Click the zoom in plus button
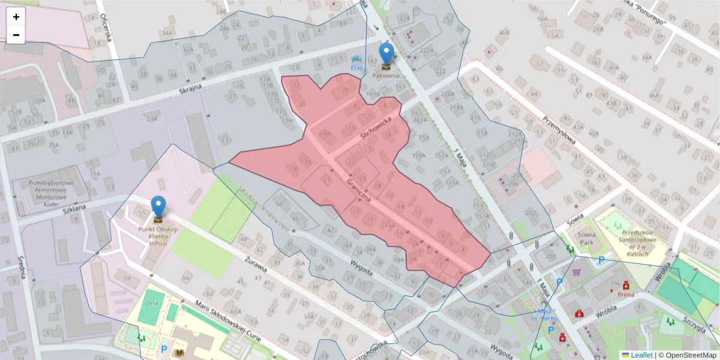16,17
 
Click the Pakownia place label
386,76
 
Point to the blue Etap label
357,68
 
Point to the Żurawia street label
256,263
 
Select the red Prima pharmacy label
625,295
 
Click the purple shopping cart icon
577,272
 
